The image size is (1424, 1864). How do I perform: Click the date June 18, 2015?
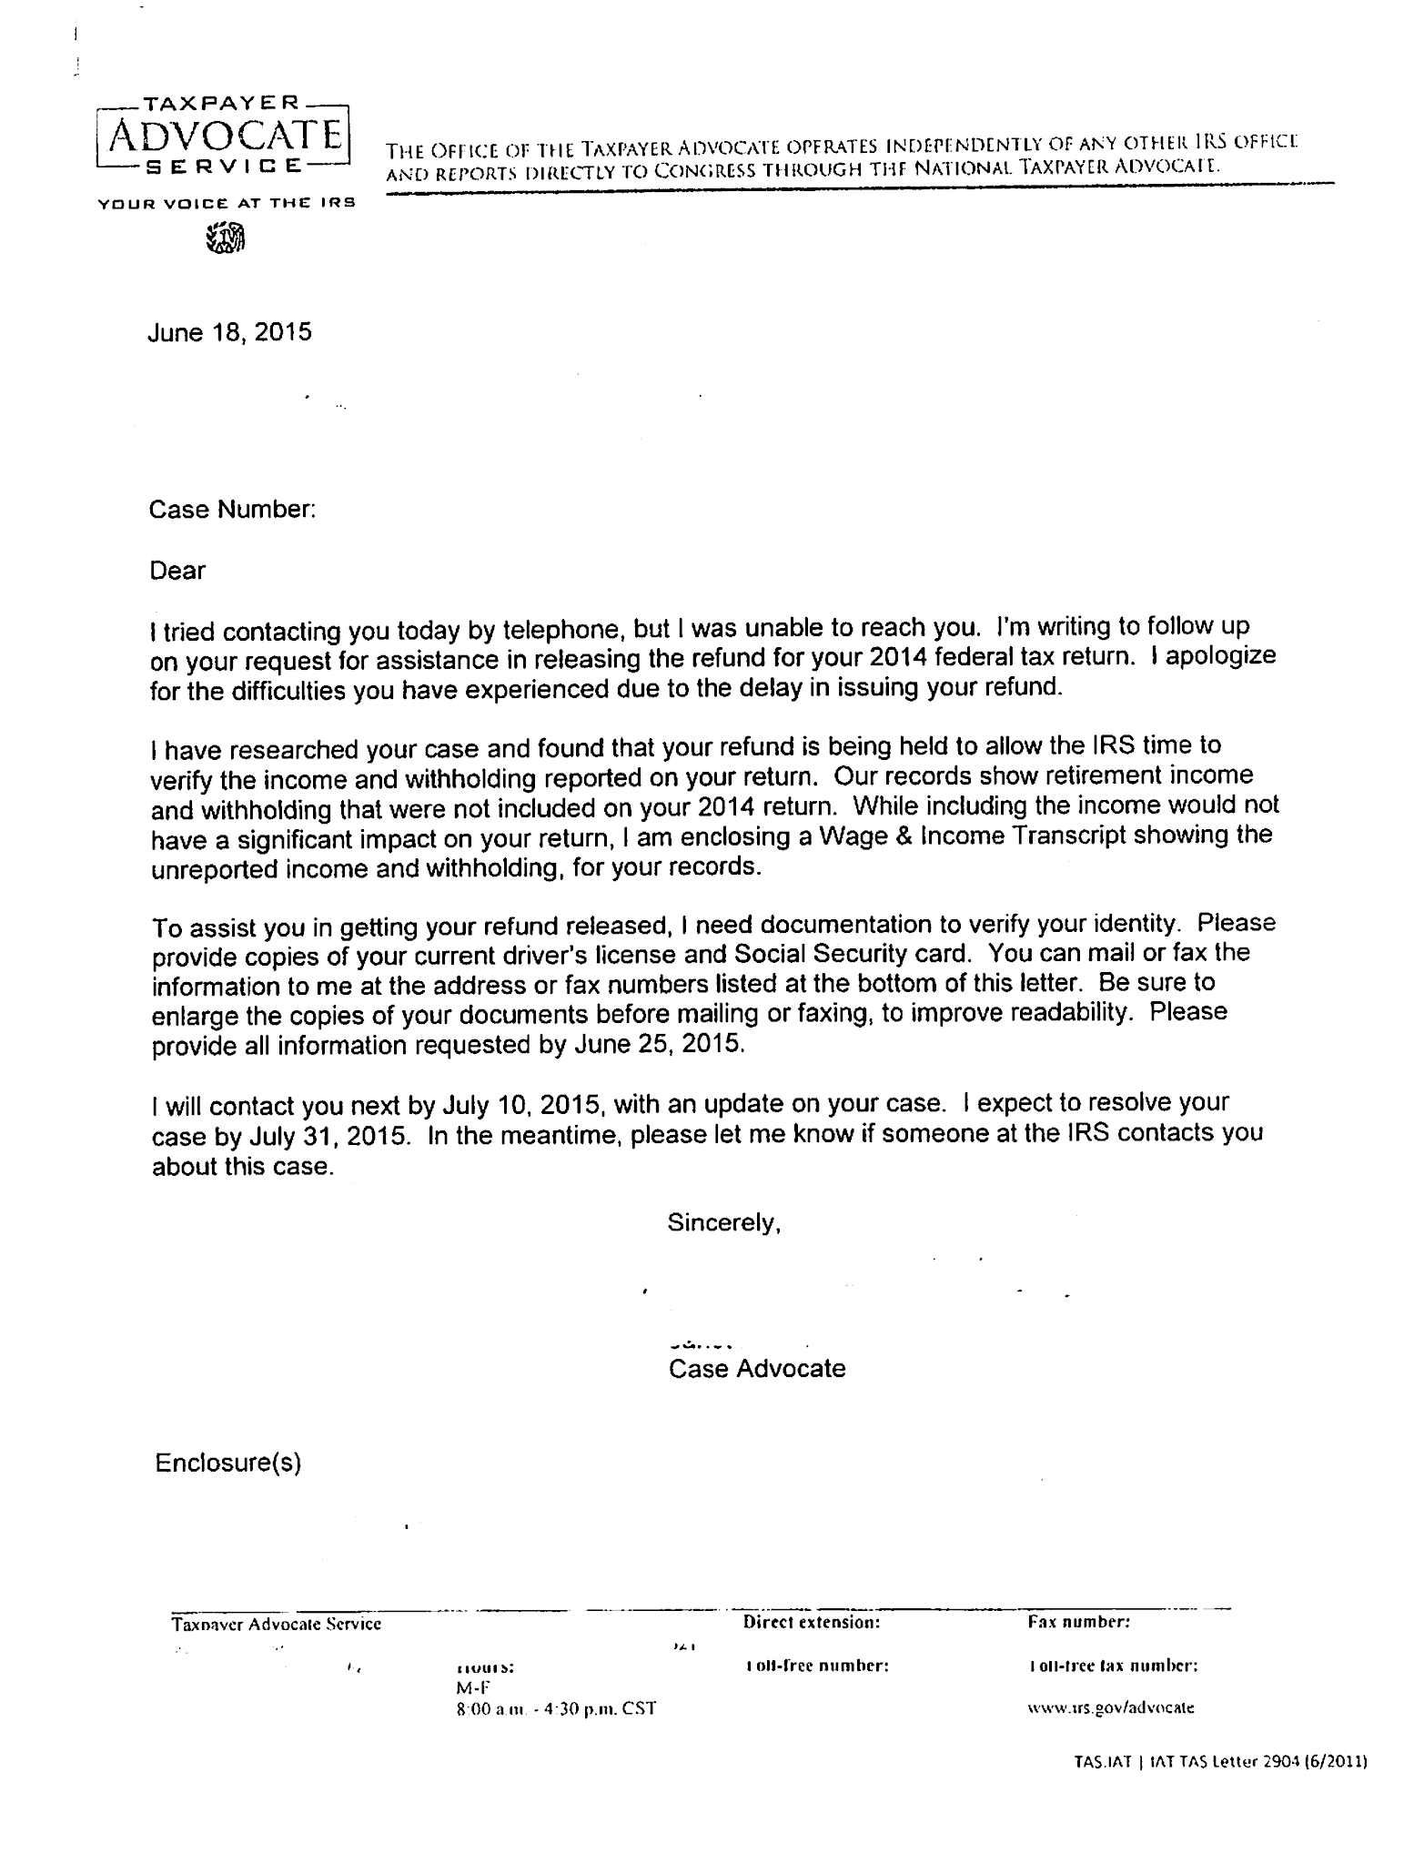[229, 332]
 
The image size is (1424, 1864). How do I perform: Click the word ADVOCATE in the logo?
[224, 137]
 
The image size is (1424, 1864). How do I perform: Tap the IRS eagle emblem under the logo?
[226, 238]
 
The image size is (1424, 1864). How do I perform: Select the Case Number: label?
[232, 510]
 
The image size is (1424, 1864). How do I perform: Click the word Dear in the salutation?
[177, 571]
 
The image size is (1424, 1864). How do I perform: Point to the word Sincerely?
[724, 1222]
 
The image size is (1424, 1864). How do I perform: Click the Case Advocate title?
[757, 1368]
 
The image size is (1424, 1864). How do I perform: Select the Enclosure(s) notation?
[227, 1463]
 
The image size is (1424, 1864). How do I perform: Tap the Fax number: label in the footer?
[1079, 1622]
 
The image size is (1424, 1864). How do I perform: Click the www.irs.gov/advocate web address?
[1110, 1707]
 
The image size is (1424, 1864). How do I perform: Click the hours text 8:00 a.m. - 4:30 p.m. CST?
[556, 1708]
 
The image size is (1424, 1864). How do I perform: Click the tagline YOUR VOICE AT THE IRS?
[226, 203]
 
